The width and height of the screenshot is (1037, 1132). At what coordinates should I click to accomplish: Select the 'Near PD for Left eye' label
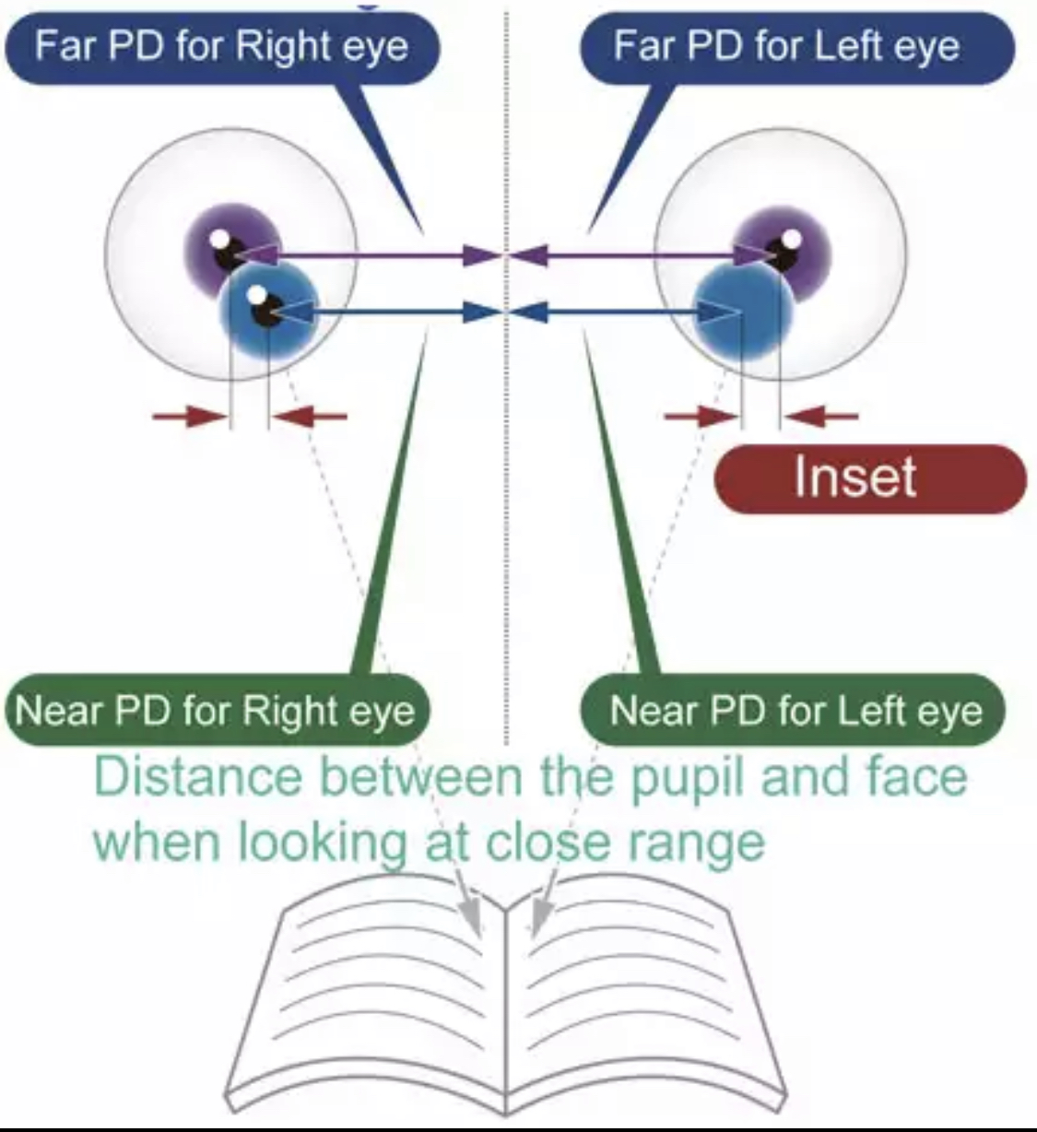point(795,711)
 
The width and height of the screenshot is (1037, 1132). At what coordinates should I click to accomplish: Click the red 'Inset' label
point(855,478)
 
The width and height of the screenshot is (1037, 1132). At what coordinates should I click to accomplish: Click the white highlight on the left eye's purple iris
point(790,239)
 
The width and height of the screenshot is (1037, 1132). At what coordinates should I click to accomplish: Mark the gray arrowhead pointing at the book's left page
point(472,916)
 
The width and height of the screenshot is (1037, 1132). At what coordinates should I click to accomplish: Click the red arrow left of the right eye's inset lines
point(188,417)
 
